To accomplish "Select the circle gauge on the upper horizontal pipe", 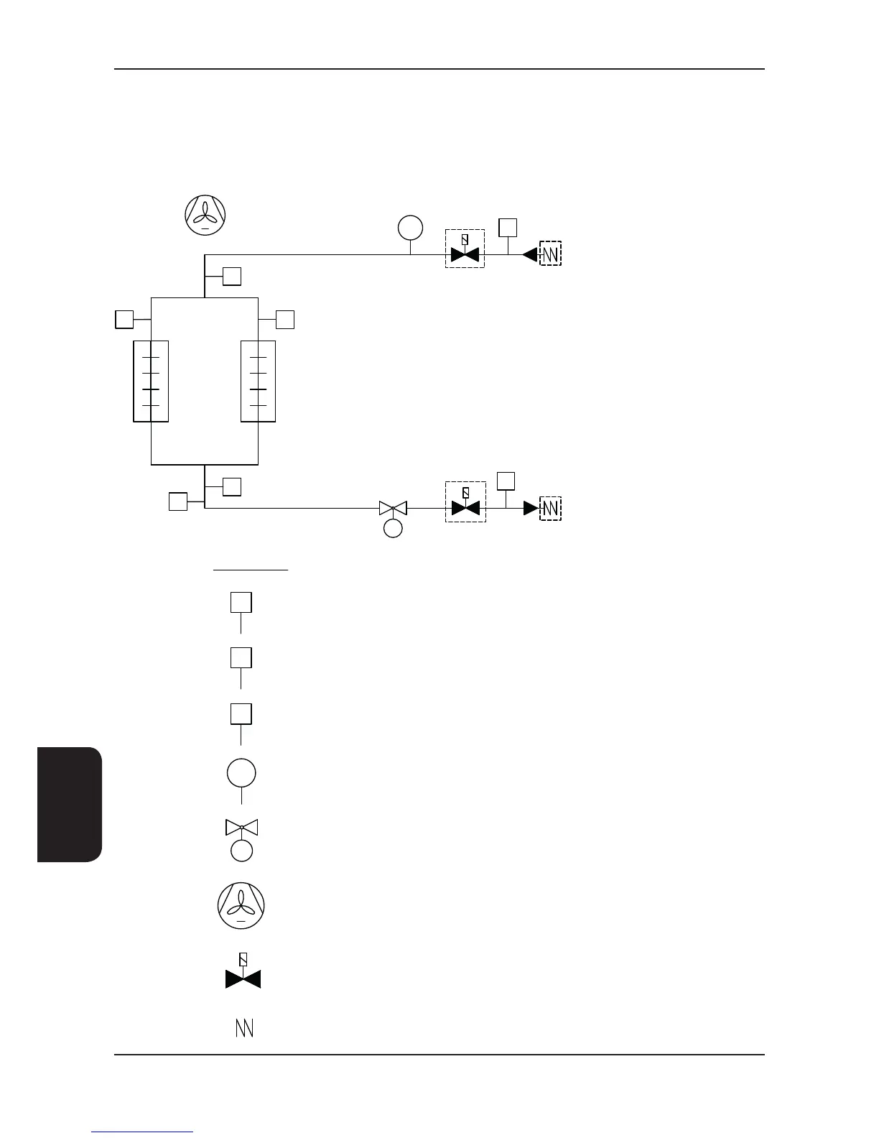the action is point(410,228).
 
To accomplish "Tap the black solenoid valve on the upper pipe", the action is point(465,255).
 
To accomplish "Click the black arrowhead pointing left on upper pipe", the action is point(530,254).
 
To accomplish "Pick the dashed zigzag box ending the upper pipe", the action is point(550,254).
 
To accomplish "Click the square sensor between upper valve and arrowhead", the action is point(508,227).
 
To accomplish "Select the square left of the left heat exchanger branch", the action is point(124,319).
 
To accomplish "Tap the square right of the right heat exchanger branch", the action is point(285,320).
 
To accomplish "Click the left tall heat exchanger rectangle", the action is point(151,381).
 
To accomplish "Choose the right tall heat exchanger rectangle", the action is point(258,381).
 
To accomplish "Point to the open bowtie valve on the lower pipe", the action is point(393,508).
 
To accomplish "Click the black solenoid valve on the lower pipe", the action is point(465,508).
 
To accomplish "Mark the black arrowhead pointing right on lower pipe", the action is point(531,508).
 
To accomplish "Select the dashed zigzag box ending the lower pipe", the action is point(550,508).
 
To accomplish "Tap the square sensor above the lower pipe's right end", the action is point(506,481).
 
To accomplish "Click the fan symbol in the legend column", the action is point(241,905).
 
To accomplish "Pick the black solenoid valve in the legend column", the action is point(243,978).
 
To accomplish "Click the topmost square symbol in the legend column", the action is point(241,602).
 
